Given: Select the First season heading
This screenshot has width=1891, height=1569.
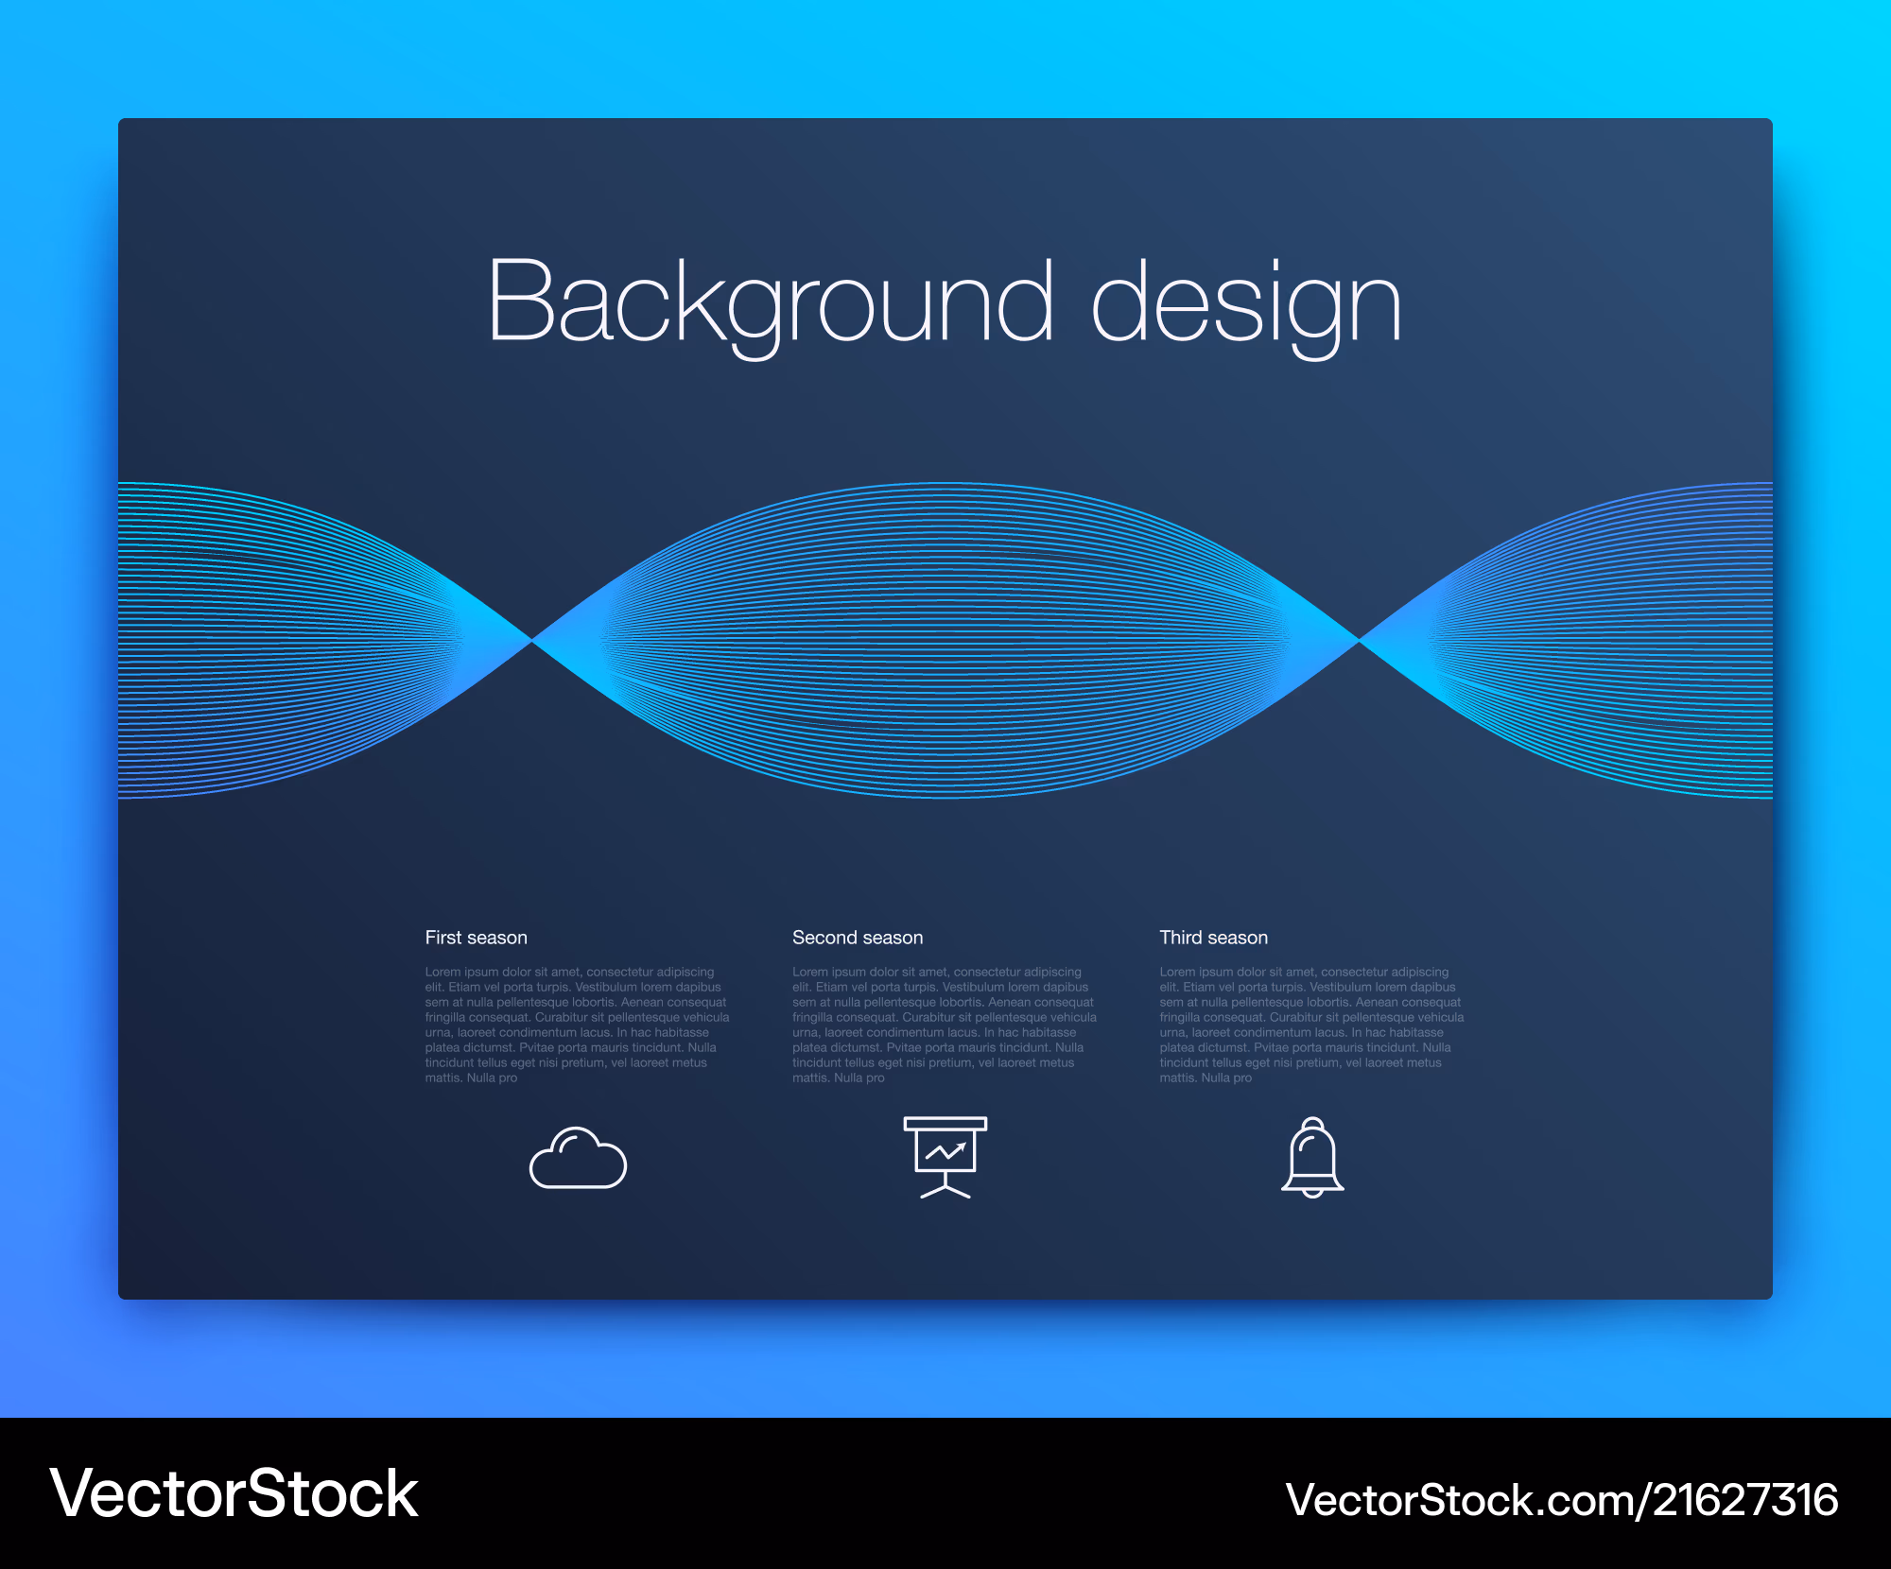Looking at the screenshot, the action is (476, 938).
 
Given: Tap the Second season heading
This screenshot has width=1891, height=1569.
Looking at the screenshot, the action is (858, 938).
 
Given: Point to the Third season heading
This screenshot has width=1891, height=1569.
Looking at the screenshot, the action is (1214, 938).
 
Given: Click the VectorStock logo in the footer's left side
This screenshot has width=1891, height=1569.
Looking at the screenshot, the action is (234, 1494).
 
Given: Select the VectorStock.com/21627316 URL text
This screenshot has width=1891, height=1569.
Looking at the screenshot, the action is (1562, 1500).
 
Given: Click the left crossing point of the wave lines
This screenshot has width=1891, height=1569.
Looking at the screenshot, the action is (532, 641).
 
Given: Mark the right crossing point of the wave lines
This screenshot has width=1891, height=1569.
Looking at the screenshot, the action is (1359, 641).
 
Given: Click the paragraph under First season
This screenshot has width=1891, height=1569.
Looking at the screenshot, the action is (577, 1025).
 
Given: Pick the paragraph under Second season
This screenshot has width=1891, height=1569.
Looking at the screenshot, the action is (945, 1025).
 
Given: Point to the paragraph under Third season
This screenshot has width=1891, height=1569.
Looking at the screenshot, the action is (1312, 1025).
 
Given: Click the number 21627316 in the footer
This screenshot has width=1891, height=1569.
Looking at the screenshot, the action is (1745, 1500).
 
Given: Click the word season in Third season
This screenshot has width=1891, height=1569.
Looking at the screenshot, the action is (1238, 939).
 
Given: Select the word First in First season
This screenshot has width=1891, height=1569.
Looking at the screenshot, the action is (442, 938).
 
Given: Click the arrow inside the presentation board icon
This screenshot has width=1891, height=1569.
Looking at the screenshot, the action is (945, 1151).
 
